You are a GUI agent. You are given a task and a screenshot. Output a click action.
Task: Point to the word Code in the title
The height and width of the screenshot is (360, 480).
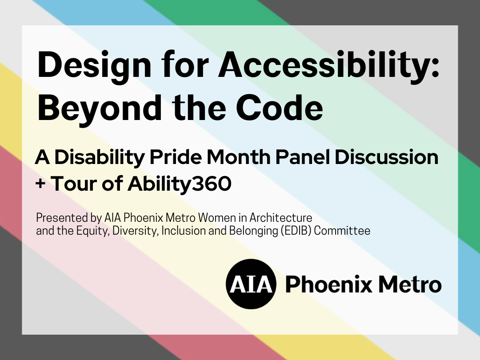pos(280,107)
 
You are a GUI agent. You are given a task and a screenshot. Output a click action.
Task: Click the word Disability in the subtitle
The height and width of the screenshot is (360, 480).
pos(100,158)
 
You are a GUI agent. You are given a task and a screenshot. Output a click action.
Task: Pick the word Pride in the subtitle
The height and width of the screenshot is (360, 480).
pos(176,157)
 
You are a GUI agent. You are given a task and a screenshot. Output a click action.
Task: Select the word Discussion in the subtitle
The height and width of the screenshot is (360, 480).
pos(387,157)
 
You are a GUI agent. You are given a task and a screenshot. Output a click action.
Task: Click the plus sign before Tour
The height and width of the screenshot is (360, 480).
pos(40,184)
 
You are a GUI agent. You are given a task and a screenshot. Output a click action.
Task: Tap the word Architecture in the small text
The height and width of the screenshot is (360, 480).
pos(281,218)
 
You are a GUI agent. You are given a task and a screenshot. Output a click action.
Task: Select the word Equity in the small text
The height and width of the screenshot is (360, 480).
pos(93,231)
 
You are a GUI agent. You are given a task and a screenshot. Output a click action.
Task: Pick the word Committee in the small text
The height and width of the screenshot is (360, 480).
pos(342,231)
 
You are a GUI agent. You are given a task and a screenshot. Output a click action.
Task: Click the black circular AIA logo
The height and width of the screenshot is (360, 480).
pos(251,284)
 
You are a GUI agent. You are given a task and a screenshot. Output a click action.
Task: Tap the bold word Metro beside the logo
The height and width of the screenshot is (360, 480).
pos(410,284)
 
